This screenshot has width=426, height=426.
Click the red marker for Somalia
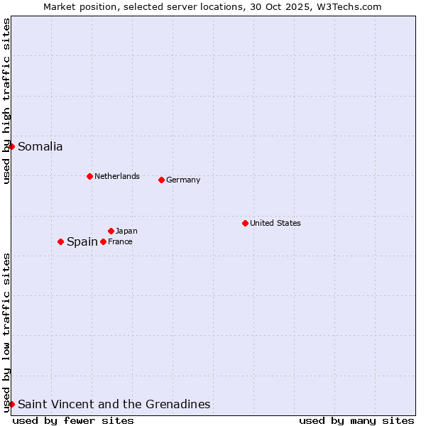[11, 146]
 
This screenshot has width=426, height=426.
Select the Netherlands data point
[89, 176]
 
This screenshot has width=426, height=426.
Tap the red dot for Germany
[161, 180]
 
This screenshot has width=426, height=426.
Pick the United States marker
[245, 223]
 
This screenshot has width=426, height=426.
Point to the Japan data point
[111, 231]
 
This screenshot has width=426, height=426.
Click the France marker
[103, 241]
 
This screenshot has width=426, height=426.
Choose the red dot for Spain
[60, 241]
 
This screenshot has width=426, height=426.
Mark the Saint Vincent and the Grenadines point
[11, 404]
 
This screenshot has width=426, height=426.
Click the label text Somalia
[40, 147]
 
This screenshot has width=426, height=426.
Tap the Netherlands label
[116, 176]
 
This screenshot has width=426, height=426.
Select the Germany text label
[183, 180]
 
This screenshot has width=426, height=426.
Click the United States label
[275, 223]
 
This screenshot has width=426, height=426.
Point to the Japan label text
[126, 231]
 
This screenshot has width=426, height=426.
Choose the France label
[120, 241]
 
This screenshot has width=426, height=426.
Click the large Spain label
[82, 241]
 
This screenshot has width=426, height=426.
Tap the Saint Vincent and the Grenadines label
[114, 404]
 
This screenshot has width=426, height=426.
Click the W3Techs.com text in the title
[349, 6]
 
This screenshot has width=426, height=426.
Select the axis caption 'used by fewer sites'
[73, 420]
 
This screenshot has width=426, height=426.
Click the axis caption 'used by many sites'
[356, 420]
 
